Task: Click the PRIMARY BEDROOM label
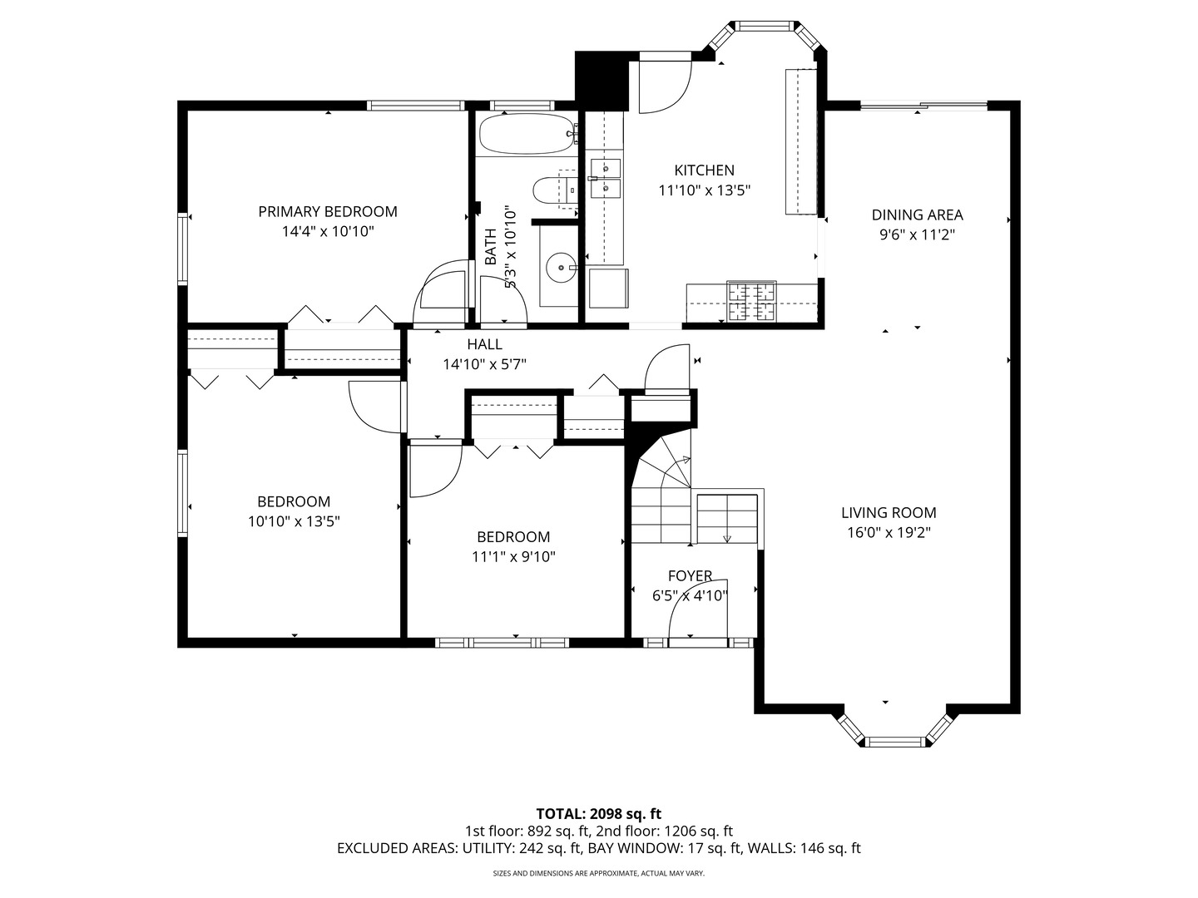click(x=328, y=211)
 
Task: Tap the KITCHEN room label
click(x=704, y=170)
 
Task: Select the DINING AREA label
click(x=917, y=215)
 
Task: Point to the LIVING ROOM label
click(x=889, y=512)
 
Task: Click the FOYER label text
click(x=690, y=575)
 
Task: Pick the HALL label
click(x=485, y=344)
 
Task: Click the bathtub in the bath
click(x=527, y=134)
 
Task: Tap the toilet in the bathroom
click(x=555, y=190)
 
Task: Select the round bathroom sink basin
click(x=561, y=268)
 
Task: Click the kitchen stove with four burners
click(x=751, y=301)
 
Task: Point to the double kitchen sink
click(x=606, y=178)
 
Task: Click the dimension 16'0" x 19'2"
click(x=889, y=533)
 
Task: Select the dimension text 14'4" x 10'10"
click(x=328, y=232)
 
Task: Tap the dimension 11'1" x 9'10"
click(x=513, y=557)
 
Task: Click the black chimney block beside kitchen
click(x=602, y=81)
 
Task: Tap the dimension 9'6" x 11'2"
click(x=917, y=235)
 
